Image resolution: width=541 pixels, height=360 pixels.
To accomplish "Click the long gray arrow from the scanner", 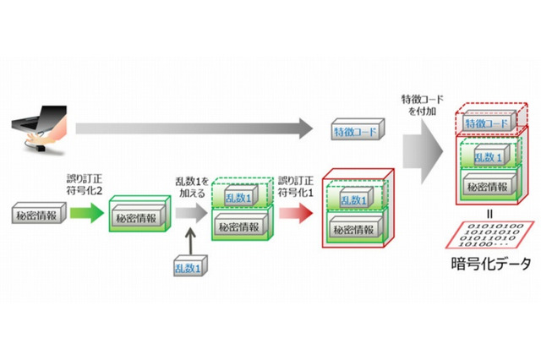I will (190, 128).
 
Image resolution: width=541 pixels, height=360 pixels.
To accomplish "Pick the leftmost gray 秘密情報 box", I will (37, 215).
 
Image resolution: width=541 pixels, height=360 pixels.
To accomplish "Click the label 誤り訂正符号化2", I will (87, 184).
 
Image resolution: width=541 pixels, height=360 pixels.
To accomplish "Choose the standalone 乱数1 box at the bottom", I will (189, 268).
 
